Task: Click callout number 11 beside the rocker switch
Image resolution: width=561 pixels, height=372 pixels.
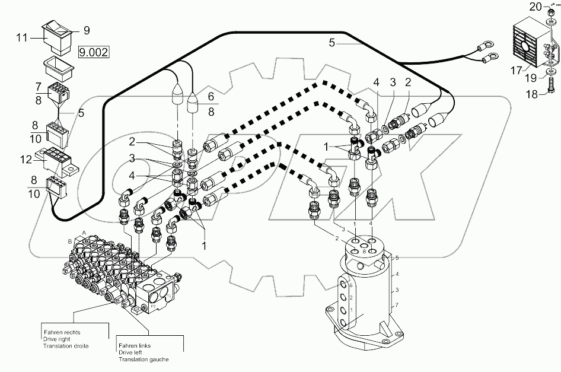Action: (22, 37)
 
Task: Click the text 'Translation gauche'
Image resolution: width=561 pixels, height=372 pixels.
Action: (143, 360)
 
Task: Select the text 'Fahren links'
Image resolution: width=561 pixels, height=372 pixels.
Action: (133, 346)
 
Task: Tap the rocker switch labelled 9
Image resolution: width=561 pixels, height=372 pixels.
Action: (57, 35)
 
